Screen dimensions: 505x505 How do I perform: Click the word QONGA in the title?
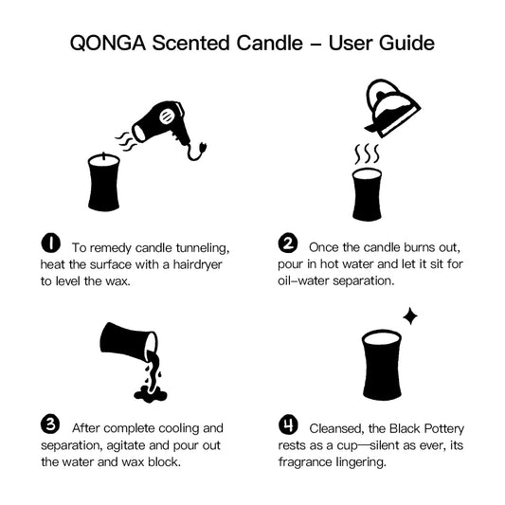108,44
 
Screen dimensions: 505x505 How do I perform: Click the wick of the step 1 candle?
103,156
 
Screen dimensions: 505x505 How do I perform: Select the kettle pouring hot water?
392,108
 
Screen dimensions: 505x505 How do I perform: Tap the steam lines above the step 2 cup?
367,153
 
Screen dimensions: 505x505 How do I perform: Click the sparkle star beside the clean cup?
410,316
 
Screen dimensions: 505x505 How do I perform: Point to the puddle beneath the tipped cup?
151,393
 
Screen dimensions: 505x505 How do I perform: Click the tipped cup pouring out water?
129,342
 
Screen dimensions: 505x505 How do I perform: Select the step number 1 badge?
50,243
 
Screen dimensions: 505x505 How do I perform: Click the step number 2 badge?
288,243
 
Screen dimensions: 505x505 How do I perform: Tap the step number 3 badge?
50,424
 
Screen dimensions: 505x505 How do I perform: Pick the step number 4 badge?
288,424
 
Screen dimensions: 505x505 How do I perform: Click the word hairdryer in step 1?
197,264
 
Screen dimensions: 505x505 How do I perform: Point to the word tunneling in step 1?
203,248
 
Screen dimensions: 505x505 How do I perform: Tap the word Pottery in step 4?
444,429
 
